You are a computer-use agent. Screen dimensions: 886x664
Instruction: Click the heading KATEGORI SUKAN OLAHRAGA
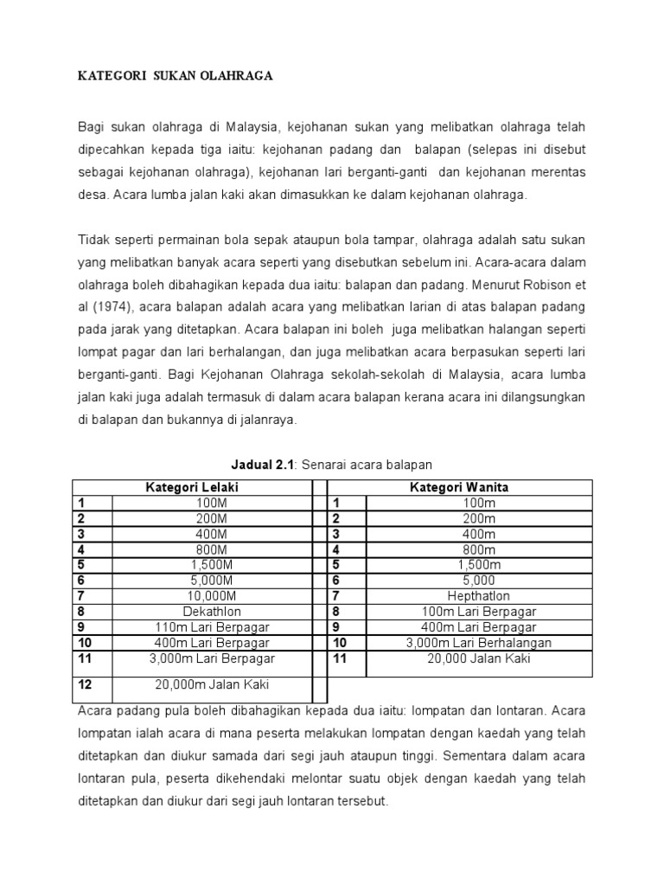tap(176, 76)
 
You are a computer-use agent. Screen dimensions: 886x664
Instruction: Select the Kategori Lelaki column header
tap(191, 487)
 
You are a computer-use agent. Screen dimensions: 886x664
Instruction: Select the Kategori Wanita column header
tap(458, 487)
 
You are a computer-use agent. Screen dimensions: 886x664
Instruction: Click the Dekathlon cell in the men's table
tap(207, 612)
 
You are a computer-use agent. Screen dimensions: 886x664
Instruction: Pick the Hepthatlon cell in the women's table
tap(479, 596)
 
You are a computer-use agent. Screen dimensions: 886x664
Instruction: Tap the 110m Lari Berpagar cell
tap(207, 627)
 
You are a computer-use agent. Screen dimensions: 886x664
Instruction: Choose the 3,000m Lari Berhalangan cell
tap(479, 643)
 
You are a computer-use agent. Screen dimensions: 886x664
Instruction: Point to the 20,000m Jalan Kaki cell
tap(212, 684)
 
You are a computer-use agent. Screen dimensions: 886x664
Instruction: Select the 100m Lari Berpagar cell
tap(479, 612)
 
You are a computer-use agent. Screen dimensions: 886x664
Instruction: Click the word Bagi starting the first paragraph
tap(93, 128)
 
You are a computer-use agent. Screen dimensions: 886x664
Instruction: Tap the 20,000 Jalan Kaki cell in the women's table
tap(479, 658)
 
